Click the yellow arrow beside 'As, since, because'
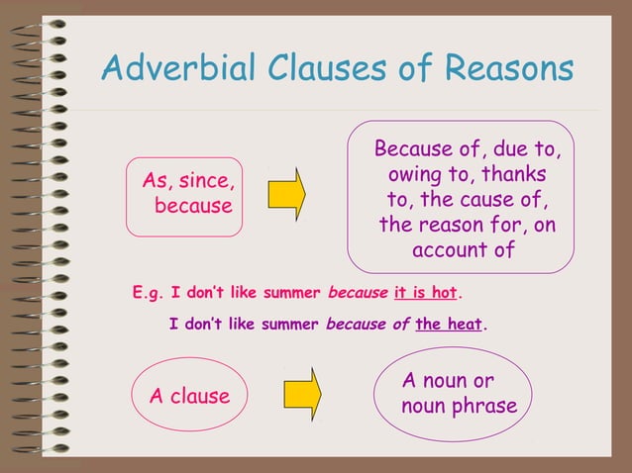point(286,194)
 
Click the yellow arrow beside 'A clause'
point(302,394)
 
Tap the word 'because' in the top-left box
point(193,206)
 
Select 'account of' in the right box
point(464,249)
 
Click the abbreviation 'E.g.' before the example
point(149,293)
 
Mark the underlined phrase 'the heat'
point(449,324)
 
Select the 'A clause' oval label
point(189,397)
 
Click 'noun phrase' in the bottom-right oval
point(459,407)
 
